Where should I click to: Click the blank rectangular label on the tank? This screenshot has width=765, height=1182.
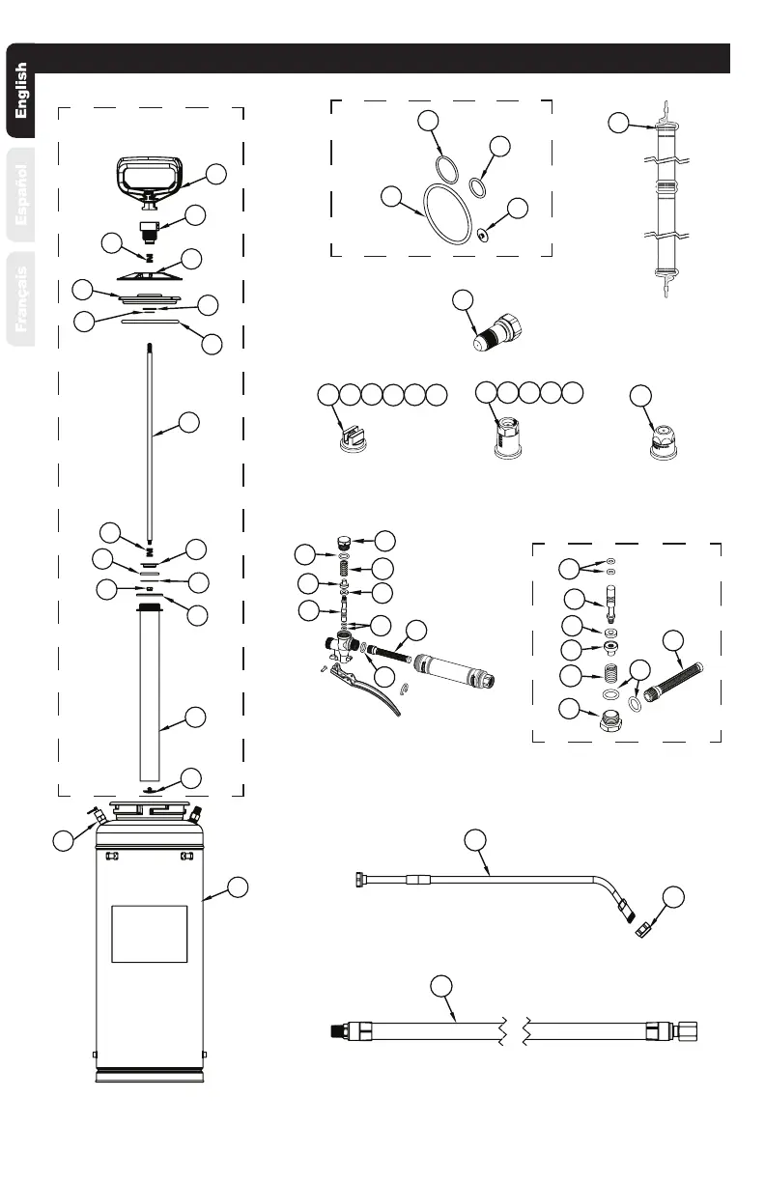click(x=149, y=934)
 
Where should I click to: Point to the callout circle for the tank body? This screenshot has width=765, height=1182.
click(x=241, y=886)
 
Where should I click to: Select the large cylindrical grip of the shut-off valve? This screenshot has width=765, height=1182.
click(x=452, y=668)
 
